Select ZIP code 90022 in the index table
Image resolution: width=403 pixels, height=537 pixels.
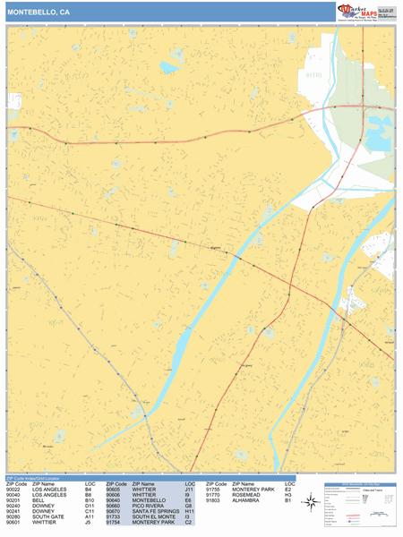(x=13, y=490)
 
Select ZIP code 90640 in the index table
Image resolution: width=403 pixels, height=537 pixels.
(x=113, y=502)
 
